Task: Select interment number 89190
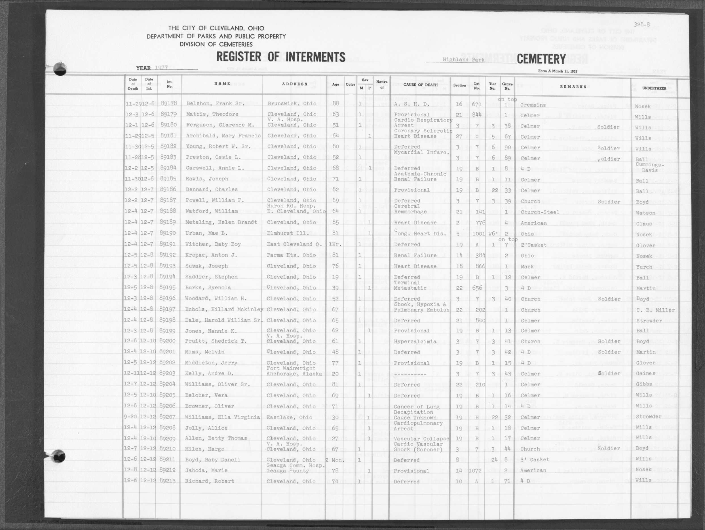click(x=168, y=233)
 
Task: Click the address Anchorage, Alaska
click(x=294, y=374)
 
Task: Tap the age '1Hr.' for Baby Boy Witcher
click(x=335, y=244)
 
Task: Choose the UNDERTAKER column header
click(x=654, y=88)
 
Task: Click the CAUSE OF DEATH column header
click(x=420, y=85)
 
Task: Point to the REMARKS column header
click(x=573, y=87)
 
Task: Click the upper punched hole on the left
click(x=60, y=69)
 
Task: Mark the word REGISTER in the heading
click(x=238, y=57)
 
